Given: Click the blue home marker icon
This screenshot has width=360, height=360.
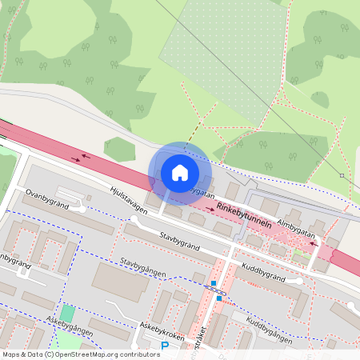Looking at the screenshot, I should coord(180,173).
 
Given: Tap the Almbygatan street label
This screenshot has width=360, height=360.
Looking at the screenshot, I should coord(298,224).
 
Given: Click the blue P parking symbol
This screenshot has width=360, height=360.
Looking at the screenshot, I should coord(165,346).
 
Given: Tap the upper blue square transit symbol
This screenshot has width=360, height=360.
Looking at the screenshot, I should coord(214,283).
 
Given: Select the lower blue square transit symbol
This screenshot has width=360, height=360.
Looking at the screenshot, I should coord(219,298).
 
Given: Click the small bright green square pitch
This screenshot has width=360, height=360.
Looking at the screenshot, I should coord(67,314).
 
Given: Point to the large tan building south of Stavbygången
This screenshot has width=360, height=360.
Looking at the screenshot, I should coord(119,281).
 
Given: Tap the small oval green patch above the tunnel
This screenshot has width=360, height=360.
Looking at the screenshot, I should coord(120,148).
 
